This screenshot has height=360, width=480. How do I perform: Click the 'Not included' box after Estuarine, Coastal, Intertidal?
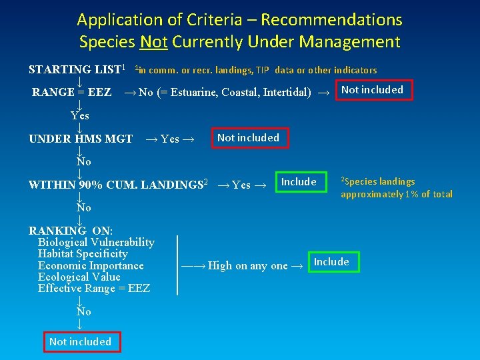point(373,90)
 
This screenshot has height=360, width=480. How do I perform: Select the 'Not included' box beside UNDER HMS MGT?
point(249,138)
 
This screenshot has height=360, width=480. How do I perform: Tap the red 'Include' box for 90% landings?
point(299,182)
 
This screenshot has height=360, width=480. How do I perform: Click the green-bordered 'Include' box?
point(331,262)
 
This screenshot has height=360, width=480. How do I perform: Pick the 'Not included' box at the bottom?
point(80,342)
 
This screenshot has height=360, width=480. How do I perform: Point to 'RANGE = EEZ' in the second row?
point(72,92)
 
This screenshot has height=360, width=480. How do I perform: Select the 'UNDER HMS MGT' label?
point(80,139)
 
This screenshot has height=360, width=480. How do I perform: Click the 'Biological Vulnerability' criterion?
point(96,243)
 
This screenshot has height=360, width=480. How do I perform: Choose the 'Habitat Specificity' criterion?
point(83,254)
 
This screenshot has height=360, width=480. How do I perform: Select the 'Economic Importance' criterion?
point(91,265)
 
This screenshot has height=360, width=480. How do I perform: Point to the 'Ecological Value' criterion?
point(79,277)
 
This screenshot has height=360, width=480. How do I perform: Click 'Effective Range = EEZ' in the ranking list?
point(94,288)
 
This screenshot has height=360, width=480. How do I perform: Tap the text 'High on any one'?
point(248,265)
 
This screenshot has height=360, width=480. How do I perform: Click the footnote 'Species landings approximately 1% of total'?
point(396,188)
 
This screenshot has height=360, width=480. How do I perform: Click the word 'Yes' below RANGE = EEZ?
point(80,115)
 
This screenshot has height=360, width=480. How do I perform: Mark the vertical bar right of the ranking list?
point(177,265)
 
